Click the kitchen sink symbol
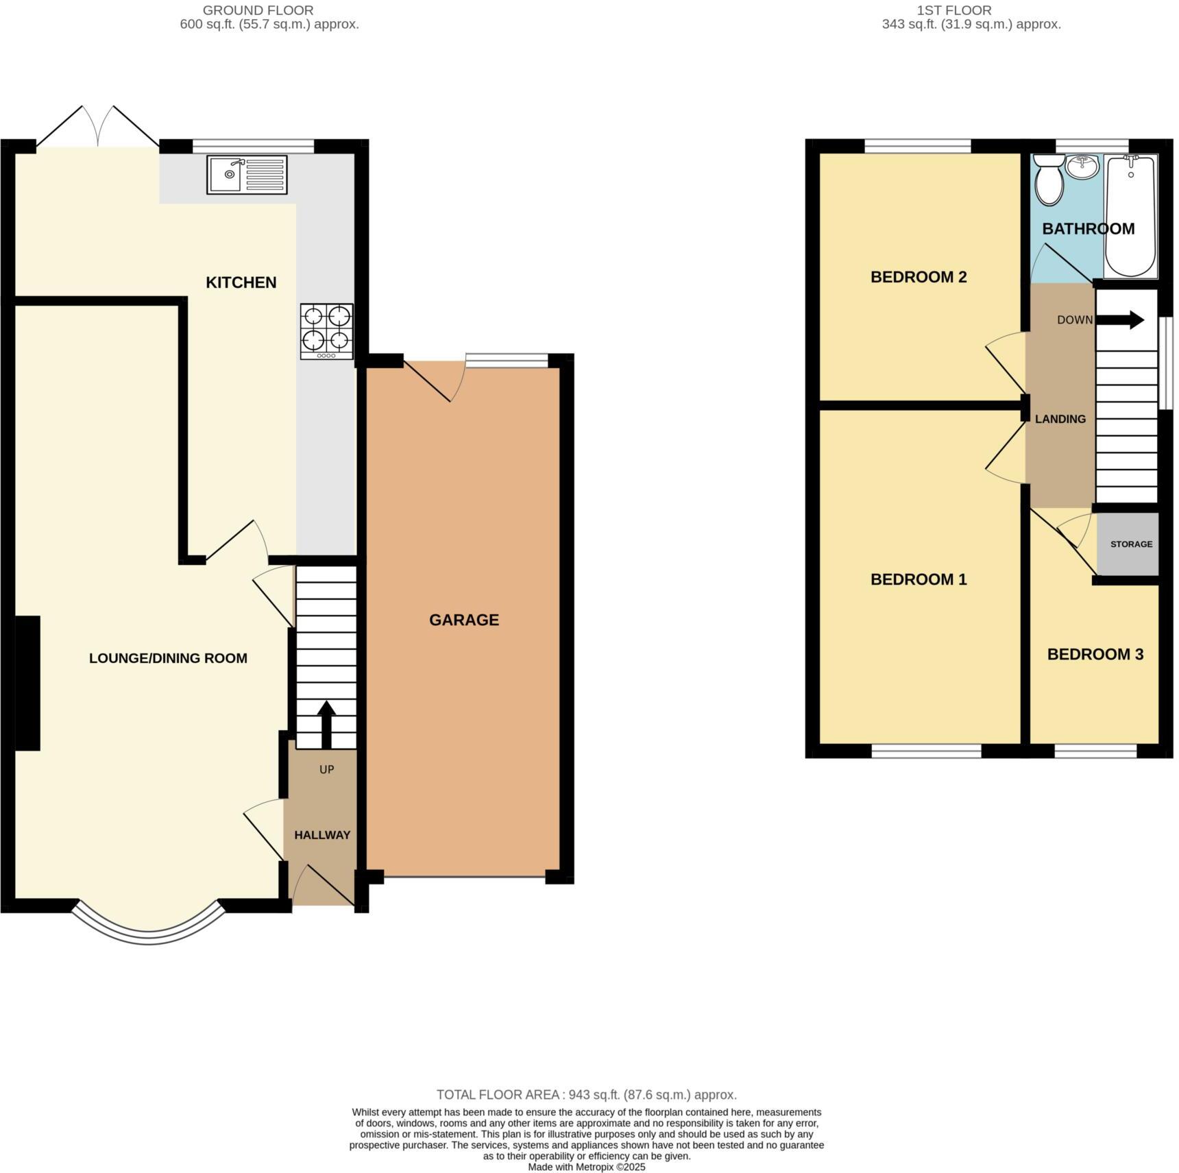pyautogui.click(x=246, y=175)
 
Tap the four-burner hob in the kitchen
pyautogui.click(x=327, y=331)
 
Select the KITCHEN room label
pyautogui.click(x=241, y=282)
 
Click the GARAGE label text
pyautogui.click(x=464, y=620)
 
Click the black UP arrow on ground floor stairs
pyautogui.click(x=326, y=724)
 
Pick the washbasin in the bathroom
pyautogui.click(x=1082, y=165)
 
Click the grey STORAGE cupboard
pyautogui.click(x=1129, y=544)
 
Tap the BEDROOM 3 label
pyautogui.click(x=1095, y=655)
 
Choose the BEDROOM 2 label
pyautogui.click(x=919, y=277)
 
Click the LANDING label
pyautogui.click(x=1060, y=419)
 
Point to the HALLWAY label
pyautogui.click(x=322, y=835)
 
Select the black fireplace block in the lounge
pyautogui.click(x=27, y=683)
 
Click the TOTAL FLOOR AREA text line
pyautogui.click(x=586, y=1095)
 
